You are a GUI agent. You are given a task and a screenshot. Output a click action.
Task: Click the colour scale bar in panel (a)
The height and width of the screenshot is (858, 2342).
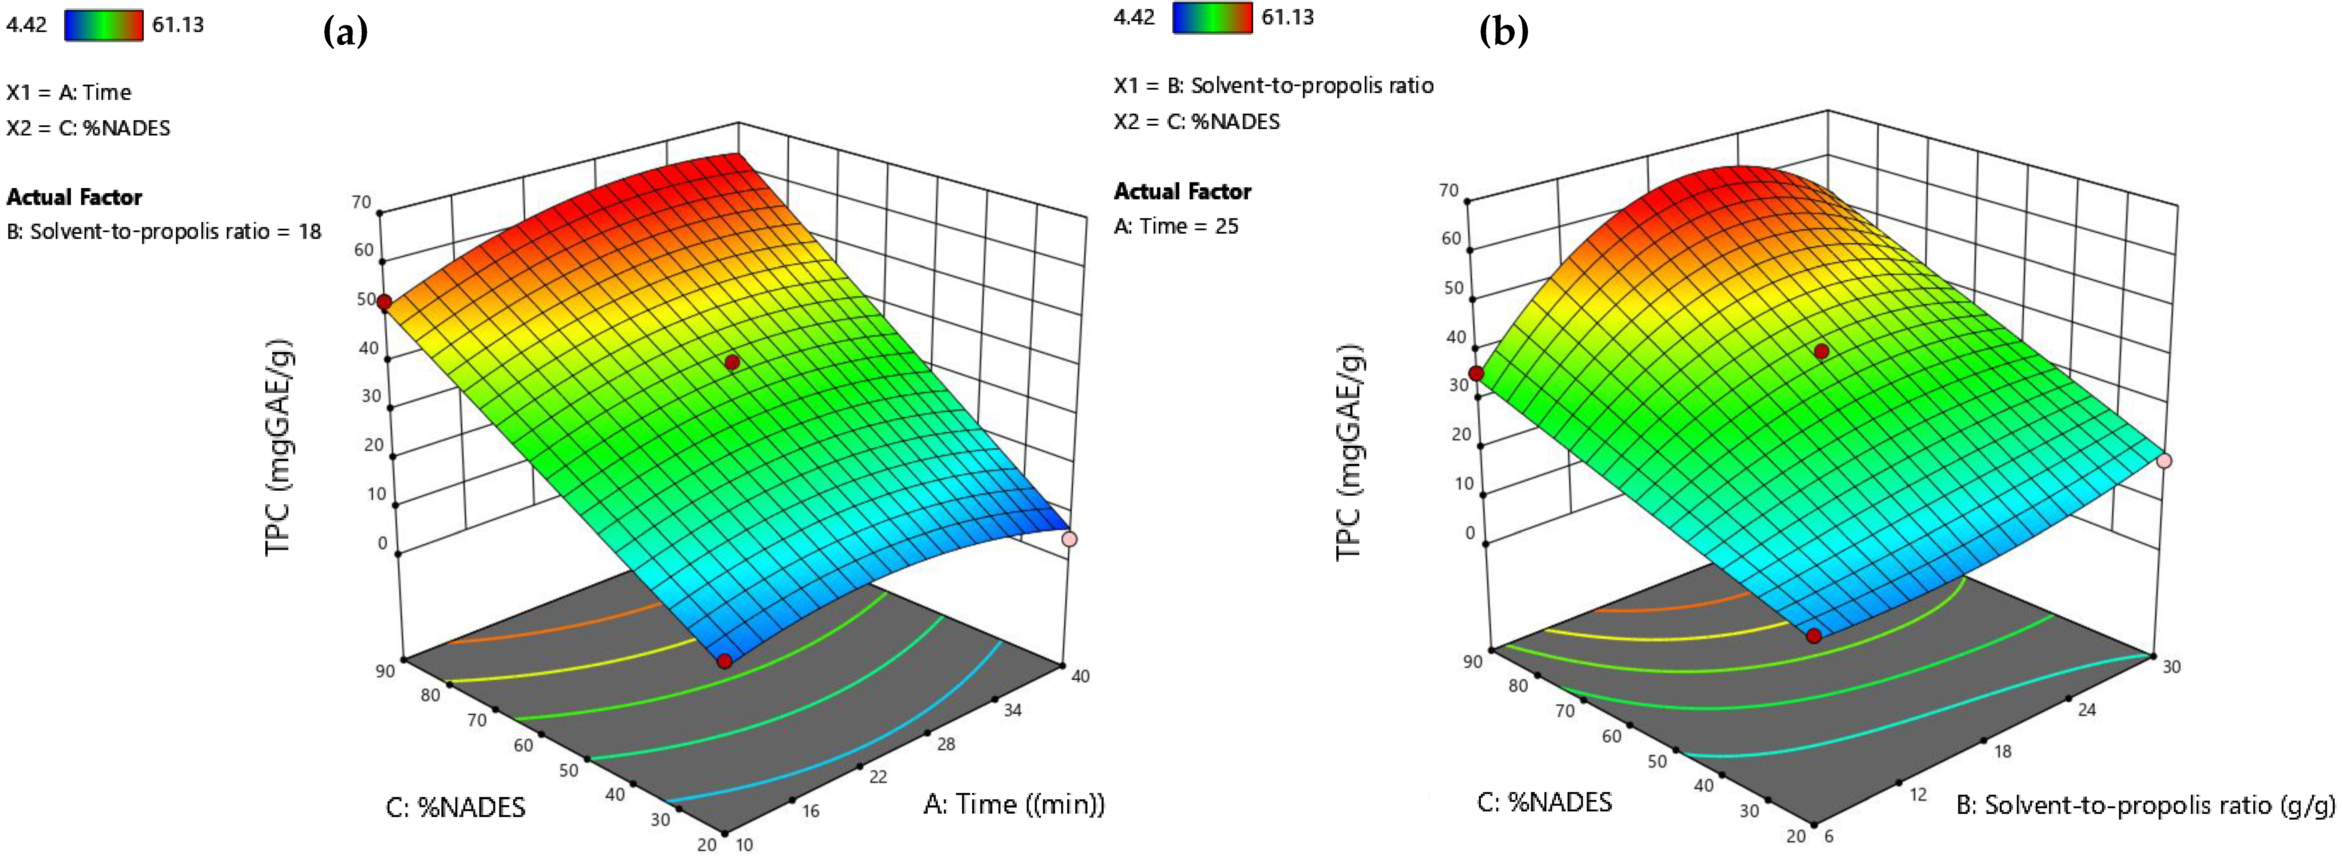click(104, 25)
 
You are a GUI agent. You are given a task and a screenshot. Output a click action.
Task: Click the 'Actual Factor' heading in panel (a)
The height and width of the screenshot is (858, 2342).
click(74, 197)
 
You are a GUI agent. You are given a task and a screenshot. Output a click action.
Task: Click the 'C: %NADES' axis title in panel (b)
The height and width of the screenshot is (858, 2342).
click(1544, 802)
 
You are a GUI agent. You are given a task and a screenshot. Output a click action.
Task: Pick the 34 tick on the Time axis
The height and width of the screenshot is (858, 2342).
click(1012, 710)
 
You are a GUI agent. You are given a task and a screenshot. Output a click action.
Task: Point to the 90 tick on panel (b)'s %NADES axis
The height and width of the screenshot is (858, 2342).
click(1472, 661)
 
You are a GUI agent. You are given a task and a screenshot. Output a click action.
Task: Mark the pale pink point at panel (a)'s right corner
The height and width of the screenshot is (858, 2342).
click(1069, 539)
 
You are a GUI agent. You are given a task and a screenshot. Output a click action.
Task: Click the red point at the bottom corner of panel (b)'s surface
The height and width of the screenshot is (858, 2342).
click(1813, 635)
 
